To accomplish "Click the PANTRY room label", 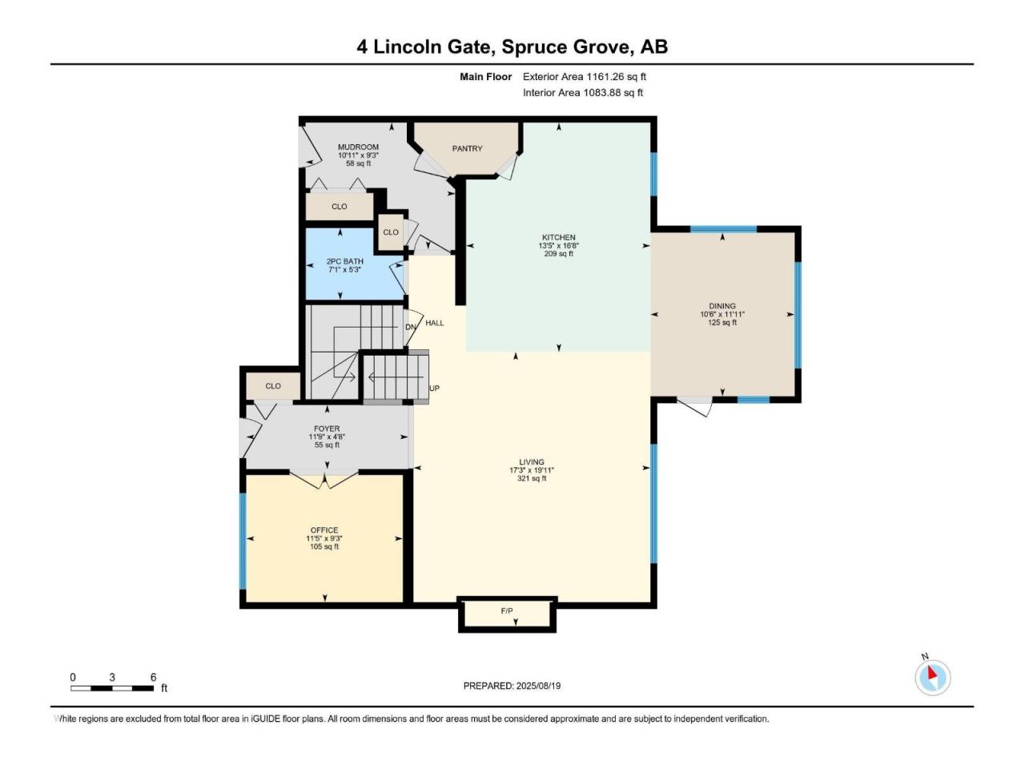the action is coord(467,148).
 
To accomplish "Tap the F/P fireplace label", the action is coord(507,610).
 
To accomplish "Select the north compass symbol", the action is coord(933,677).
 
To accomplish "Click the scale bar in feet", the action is coord(112,688).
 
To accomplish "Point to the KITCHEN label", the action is coord(558,237).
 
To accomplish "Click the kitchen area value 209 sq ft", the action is coord(558,254).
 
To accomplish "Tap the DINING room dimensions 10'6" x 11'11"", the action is coord(722,314).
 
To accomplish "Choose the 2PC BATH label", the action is coord(344,261).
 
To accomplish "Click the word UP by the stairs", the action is coord(434,388).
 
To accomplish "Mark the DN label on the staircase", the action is coord(411,327).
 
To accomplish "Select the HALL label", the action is coord(435,323).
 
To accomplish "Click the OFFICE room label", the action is coord(324,530).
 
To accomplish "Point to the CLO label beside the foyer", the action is coord(273,385).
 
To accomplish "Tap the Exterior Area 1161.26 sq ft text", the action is coord(585,77).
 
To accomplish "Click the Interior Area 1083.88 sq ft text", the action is coord(583,92).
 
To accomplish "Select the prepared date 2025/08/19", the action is coord(538,686).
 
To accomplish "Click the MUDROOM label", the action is coord(358,147).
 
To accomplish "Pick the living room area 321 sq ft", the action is coord(532,478).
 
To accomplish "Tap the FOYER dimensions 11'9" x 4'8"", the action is coord(327,437).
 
